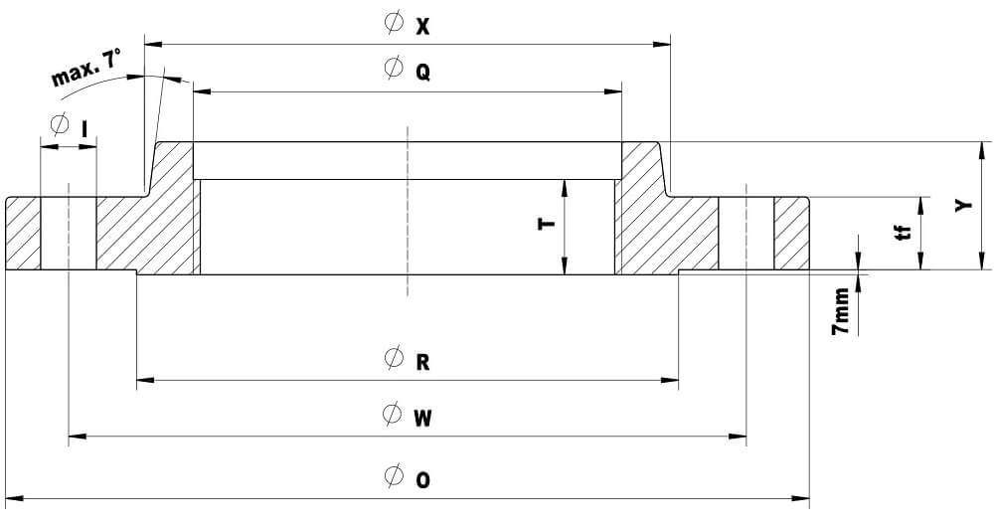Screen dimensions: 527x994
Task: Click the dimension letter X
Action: pyautogui.click(x=422, y=27)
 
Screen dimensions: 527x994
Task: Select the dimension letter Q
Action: pyautogui.click(x=422, y=74)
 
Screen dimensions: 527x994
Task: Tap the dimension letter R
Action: pyautogui.click(x=422, y=362)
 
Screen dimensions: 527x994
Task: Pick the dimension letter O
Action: pyautogui.click(x=422, y=480)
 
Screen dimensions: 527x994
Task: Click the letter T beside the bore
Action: pyautogui.click(x=546, y=225)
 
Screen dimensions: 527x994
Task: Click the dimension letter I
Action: pyautogui.click(x=86, y=128)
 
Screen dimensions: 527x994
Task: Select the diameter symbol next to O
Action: pyautogui.click(x=394, y=477)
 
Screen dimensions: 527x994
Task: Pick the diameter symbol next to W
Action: pyautogui.click(x=394, y=415)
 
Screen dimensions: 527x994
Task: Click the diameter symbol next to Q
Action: pyautogui.click(x=394, y=70)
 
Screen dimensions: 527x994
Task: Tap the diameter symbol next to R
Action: pyautogui.click(x=394, y=359)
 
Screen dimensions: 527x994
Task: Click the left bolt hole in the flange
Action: pyautogui.click(x=68, y=234)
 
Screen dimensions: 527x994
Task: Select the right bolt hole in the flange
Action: pyautogui.click(x=746, y=234)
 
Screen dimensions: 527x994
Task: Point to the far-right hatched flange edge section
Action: pyautogui.click(x=792, y=234)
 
